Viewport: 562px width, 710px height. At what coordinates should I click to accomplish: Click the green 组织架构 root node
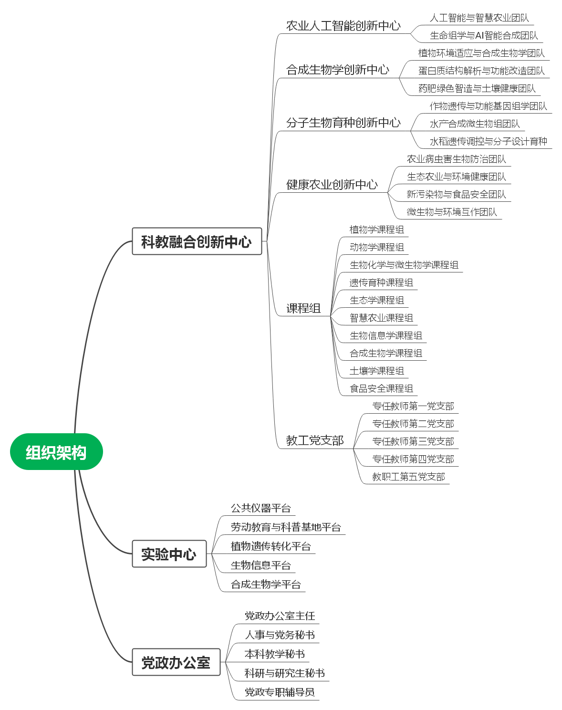pyautogui.click(x=56, y=452)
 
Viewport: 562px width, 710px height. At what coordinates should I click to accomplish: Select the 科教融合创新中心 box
pyautogui.click(x=197, y=241)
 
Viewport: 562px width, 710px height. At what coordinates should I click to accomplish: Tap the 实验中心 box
pyautogui.click(x=169, y=554)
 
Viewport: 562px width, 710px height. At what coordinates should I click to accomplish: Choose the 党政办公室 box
pyautogui.click(x=176, y=662)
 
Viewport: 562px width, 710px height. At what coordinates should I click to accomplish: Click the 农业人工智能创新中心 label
pyautogui.click(x=343, y=26)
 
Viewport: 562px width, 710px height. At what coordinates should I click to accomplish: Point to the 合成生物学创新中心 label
pyautogui.click(x=337, y=70)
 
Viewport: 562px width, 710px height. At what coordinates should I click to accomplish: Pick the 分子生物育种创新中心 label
pyautogui.click(x=343, y=123)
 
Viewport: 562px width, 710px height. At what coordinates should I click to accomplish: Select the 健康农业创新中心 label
pyautogui.click(x=332, y=184)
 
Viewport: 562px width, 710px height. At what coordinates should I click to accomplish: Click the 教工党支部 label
pyautogui.click(x=314, y=440)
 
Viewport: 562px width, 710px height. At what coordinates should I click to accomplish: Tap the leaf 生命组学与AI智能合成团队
pyautogui.click(x=483, y=35)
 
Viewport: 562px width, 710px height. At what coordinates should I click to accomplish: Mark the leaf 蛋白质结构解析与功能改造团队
pyautogui.click(x=481, y=71)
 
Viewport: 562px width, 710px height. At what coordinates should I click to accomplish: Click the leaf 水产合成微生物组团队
pyautogui.click(x=474, y=124)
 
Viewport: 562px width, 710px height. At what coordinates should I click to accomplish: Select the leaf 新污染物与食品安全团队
pyautogui.click(x=456, y=194)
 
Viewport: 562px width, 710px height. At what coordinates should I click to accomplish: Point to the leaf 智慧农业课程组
pyautogui.click(x=381, y=318)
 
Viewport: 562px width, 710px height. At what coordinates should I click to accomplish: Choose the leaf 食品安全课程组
pyautogui.click(x=381, y=388)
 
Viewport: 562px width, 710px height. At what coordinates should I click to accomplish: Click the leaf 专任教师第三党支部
pyautogui.click(x=413, y=441)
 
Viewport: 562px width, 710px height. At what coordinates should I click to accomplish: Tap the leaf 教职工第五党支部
pyautogui.click(x=408, y=477)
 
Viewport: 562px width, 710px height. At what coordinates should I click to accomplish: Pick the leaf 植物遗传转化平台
pyautogui.click(x=270, y=546)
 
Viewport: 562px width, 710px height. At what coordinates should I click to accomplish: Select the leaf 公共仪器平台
pyautogui.click(x=260, y=508)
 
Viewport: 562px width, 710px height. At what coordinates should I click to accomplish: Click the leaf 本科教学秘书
pyautogui.click(x=274, y=654)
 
